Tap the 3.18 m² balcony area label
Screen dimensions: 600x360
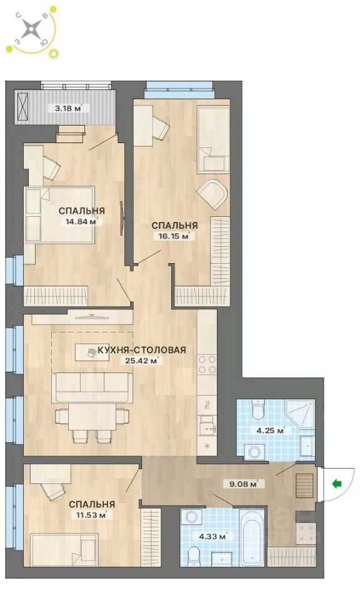tap(69, 107)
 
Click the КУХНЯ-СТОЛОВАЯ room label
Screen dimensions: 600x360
tap(141, 350)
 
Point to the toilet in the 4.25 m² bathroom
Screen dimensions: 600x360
tap(257, 411)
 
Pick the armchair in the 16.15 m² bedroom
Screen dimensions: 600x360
tap(213, 194)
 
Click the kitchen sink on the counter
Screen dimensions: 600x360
tap(206, 429)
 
